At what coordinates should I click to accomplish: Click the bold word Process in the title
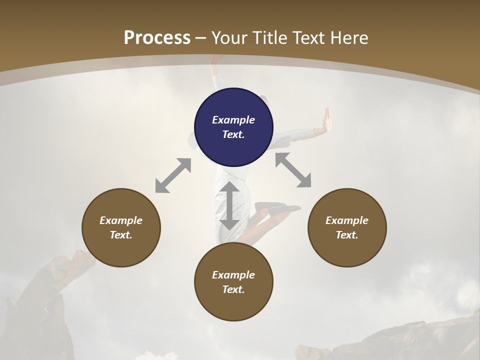[157, 37]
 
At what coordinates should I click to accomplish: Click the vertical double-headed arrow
[229, 205]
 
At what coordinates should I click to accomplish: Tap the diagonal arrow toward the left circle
[173, 175]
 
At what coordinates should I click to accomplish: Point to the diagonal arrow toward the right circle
[293, 170]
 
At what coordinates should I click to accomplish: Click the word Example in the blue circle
[233, 120]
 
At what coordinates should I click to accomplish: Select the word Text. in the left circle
[121, 235]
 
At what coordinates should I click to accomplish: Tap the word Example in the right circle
[347, 220]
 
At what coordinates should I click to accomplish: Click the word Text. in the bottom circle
[233, 289]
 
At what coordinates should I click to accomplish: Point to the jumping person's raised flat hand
[327, 119]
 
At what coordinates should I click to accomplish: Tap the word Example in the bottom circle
[233, 275]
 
